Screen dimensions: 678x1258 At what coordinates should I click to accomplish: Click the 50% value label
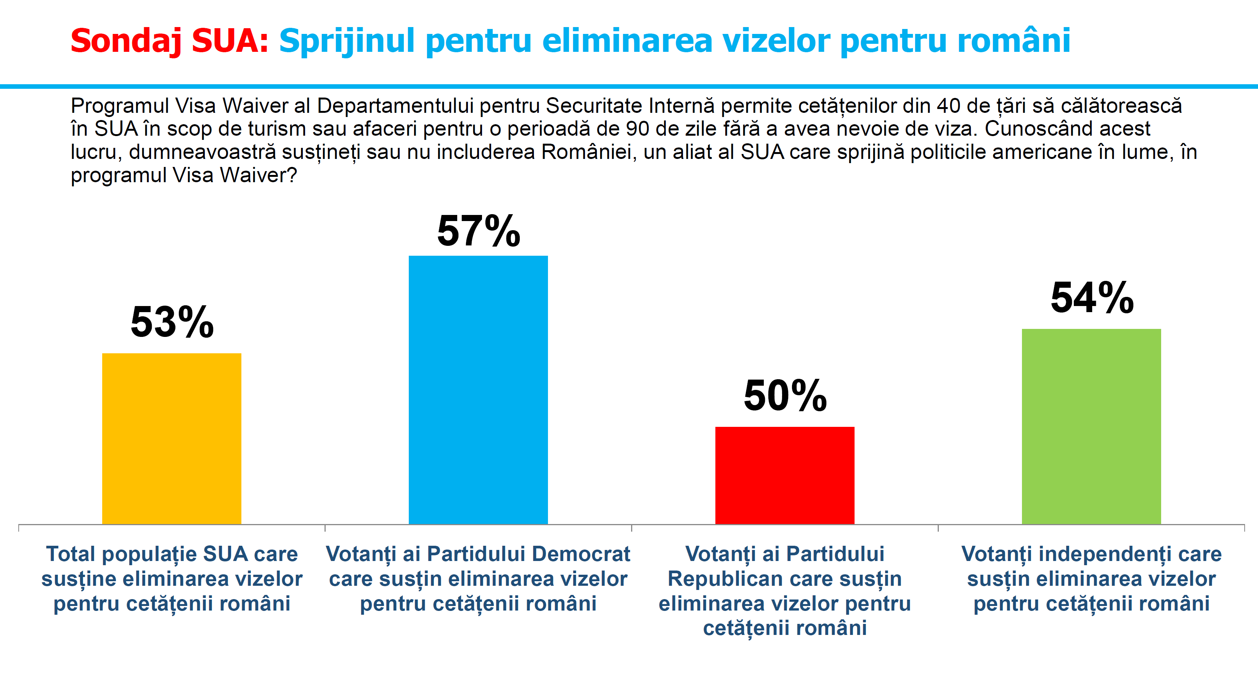[785, 395]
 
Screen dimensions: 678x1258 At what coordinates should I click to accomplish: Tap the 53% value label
[172, 322]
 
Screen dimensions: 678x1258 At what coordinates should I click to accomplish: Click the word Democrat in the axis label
[581, 554]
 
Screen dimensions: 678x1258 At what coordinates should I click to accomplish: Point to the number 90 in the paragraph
[637, 129]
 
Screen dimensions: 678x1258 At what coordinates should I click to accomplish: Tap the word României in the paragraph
[586, 152]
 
